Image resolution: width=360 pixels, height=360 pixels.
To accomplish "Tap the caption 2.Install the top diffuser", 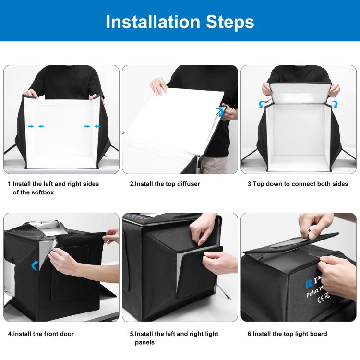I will click(x=165, y=184).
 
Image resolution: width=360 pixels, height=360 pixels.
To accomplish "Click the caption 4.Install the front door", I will click(x=41, y=334).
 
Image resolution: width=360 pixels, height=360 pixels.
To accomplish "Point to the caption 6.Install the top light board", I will click(x=287, y=334).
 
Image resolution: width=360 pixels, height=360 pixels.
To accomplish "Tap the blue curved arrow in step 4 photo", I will click(x=35, y=264).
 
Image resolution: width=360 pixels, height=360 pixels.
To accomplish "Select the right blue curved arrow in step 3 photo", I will click(x=335, y=103).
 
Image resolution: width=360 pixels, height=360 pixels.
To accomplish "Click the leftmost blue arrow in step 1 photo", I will click(x=31, y=126).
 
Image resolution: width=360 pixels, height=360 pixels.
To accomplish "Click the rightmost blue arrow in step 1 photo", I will click(x=97, y=126).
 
